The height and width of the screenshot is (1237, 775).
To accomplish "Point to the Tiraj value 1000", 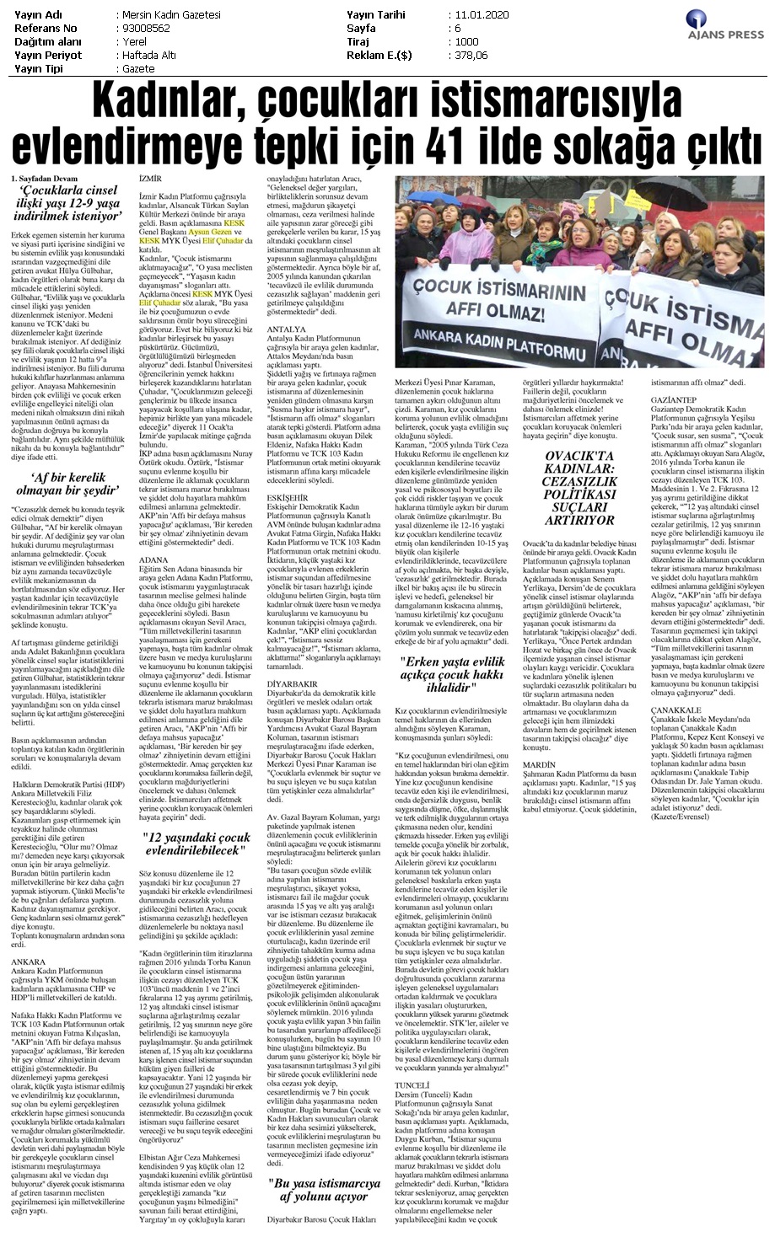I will point(466,40).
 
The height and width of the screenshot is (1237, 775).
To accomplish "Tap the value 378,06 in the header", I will point(469,54).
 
